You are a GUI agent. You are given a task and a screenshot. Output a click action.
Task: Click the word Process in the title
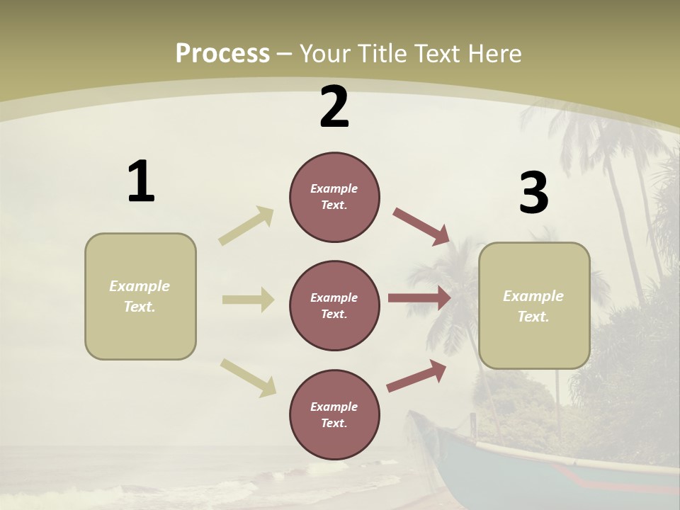pyautogui.click(x=222, y=53)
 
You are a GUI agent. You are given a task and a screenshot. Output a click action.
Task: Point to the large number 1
pyautogui.click(x=141, y=182)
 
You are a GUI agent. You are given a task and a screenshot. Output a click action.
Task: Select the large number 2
pyautogui.click(x=334, y=107)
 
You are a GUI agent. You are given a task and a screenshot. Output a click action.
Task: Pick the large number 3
pyautogui.click(x=533, y=193)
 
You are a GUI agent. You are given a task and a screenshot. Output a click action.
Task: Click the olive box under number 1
pyautogui.click(x=140, y=296)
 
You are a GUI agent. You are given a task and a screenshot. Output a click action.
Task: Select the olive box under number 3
pyautogui.click(x=534, y=305)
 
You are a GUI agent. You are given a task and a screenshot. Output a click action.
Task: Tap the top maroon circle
pyautogui.click(x=334, y=197)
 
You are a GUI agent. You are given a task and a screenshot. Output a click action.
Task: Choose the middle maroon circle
pyautogui.click(x=334, y=305)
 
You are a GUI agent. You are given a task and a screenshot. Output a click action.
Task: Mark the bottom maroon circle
pyautogui.click(x=334, y=414)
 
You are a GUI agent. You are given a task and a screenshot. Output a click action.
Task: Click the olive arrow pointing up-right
pyautogui.click(x=246, y=225)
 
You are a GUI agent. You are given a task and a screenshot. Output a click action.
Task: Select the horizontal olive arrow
pyautogui.click(x=248, y=300)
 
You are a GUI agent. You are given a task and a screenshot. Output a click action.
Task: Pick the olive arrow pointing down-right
pyautogui.click(x=249, y=377)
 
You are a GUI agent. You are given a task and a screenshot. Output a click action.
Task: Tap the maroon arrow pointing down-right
pyautogui.click(x=421, y=226)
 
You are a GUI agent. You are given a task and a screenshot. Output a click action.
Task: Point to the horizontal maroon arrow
pyautogui.click(x=419, y=298)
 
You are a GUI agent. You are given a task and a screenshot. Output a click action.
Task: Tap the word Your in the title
pyautogui.click(x=324, y=53)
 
